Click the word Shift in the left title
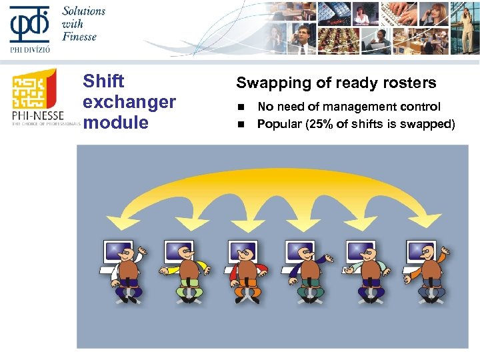[103, 81]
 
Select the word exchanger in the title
[129, 102]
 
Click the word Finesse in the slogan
[79, 36]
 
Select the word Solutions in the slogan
[84, 11]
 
